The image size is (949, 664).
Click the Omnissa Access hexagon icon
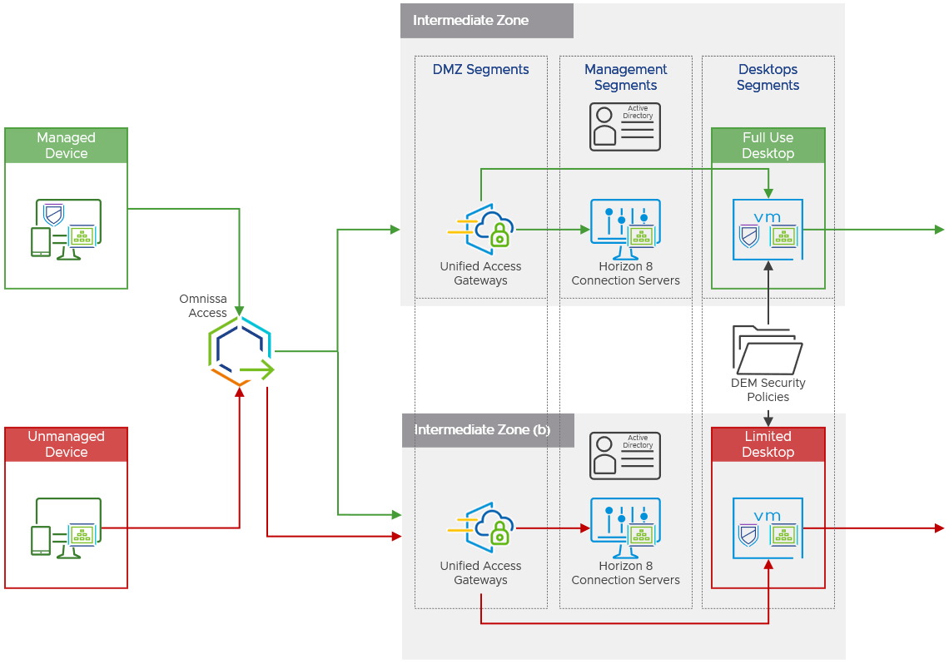pos(241,351)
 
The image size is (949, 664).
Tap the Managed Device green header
pos(67,146)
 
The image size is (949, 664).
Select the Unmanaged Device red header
pos(67,444)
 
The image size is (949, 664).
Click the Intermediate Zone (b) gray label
pos(482,430)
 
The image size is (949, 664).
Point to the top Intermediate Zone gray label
pos(471,21)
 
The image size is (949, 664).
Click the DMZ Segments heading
pos(480,70)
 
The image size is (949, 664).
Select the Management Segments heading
pos(625,77)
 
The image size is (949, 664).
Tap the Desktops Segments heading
pos(768,77)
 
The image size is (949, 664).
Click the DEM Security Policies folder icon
pos(768,349)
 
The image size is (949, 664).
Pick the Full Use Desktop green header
pos(768,146)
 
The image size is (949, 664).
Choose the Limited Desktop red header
pos(768,444)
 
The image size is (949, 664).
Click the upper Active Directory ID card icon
pos(625,126)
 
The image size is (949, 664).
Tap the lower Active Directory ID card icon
pos(625,455)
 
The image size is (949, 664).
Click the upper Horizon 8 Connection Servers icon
pos(625,226)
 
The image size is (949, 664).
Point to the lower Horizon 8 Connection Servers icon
pos(625,526)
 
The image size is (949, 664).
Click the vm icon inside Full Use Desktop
pos(768,230)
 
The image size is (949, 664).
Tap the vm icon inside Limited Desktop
pos(768,528)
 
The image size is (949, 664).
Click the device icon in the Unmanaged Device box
pos(67,528)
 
